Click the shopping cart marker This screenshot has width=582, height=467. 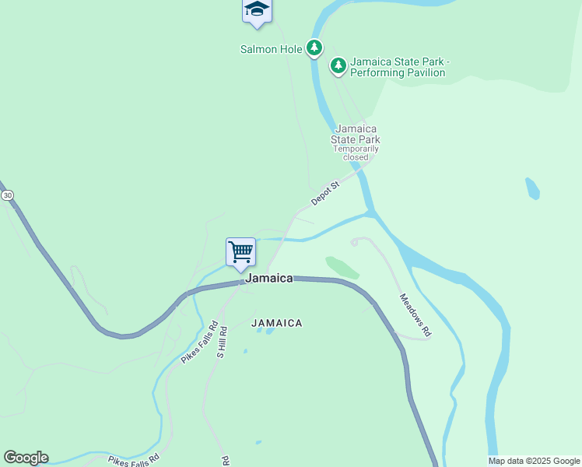tap(240, 252)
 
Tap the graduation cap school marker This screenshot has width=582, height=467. tap(256, 10)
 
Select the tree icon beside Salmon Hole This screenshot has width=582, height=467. tap(314, 49)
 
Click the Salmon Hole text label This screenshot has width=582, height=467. tap(270, 49)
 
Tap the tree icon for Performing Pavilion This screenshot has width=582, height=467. tap(338, 66)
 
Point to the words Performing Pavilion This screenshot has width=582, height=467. tap(398, 73)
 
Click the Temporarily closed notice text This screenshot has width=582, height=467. tap(356, 153)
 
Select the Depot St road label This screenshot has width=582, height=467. tap(326, 194)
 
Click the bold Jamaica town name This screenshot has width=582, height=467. tap(269, 278)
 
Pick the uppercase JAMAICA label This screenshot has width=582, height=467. tap(276, 322)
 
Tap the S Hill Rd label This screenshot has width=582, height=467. tap(222, 342)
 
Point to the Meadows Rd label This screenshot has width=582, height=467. tap(415, 314)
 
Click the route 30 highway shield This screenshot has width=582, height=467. tap(6, 194)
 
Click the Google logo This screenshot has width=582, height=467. tap(26, 458)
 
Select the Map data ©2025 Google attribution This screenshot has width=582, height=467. tap(534, 461)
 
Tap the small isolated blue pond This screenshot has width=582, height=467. tap(532, 188)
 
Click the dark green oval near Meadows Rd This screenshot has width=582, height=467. tap(342, 267)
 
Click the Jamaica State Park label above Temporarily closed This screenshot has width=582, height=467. tap(356, 134)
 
